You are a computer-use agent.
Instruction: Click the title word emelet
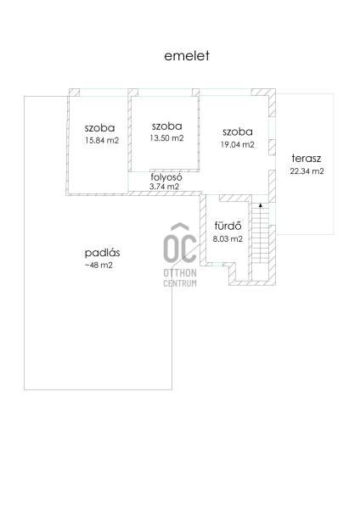187,56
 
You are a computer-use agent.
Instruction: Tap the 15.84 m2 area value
102,141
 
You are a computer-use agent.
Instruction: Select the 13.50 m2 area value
166,138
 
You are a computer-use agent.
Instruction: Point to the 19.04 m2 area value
237,144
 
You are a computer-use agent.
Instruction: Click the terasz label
307,159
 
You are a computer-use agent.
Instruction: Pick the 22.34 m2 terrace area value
307,171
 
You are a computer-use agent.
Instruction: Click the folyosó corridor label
166,177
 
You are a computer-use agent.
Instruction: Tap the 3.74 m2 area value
164,187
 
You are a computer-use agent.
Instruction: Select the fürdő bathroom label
228,226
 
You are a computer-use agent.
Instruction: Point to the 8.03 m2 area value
228,239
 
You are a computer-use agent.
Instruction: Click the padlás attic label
103,253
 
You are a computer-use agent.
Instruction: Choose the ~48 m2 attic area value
98,266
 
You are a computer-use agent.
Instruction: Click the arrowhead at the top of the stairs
261,205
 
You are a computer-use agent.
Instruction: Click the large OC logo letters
180,243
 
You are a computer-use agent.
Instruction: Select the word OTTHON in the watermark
180,272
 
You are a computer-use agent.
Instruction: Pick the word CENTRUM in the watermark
180,283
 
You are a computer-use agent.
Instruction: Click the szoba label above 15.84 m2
99,128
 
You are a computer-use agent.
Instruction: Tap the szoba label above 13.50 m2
166,126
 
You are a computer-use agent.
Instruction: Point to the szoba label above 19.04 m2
238,131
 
